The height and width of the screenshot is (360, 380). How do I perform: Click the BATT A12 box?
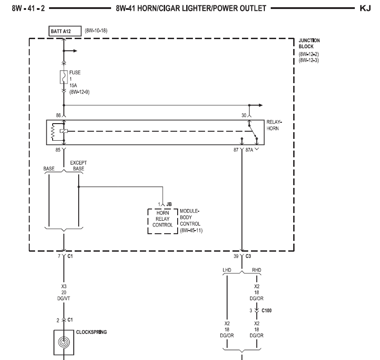65,31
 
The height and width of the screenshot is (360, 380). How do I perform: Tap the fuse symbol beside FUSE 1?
63,77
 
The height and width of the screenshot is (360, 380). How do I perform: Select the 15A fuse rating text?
73,85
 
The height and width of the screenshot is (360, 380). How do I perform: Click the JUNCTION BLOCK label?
309,43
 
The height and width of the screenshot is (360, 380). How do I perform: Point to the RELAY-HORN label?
274,125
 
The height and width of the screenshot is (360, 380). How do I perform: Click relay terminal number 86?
58,116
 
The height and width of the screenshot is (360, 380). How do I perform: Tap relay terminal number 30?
244,116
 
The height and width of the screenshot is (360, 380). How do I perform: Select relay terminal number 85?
58,150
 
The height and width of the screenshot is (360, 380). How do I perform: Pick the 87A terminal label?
249,150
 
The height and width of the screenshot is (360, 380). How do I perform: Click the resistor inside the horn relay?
53,132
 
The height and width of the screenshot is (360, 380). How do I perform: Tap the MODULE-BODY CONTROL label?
191,221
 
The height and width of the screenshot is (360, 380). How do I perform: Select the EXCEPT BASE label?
79,166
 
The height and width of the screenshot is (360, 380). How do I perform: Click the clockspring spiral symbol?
64,342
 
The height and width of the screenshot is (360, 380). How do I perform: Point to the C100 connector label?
267,311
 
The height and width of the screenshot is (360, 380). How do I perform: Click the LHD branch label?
227,270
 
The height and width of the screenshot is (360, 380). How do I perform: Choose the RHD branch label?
256,270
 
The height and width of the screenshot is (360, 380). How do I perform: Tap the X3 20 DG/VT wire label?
64,293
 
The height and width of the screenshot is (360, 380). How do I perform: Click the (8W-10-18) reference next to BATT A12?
96,31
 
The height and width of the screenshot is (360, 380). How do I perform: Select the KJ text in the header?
365,9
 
